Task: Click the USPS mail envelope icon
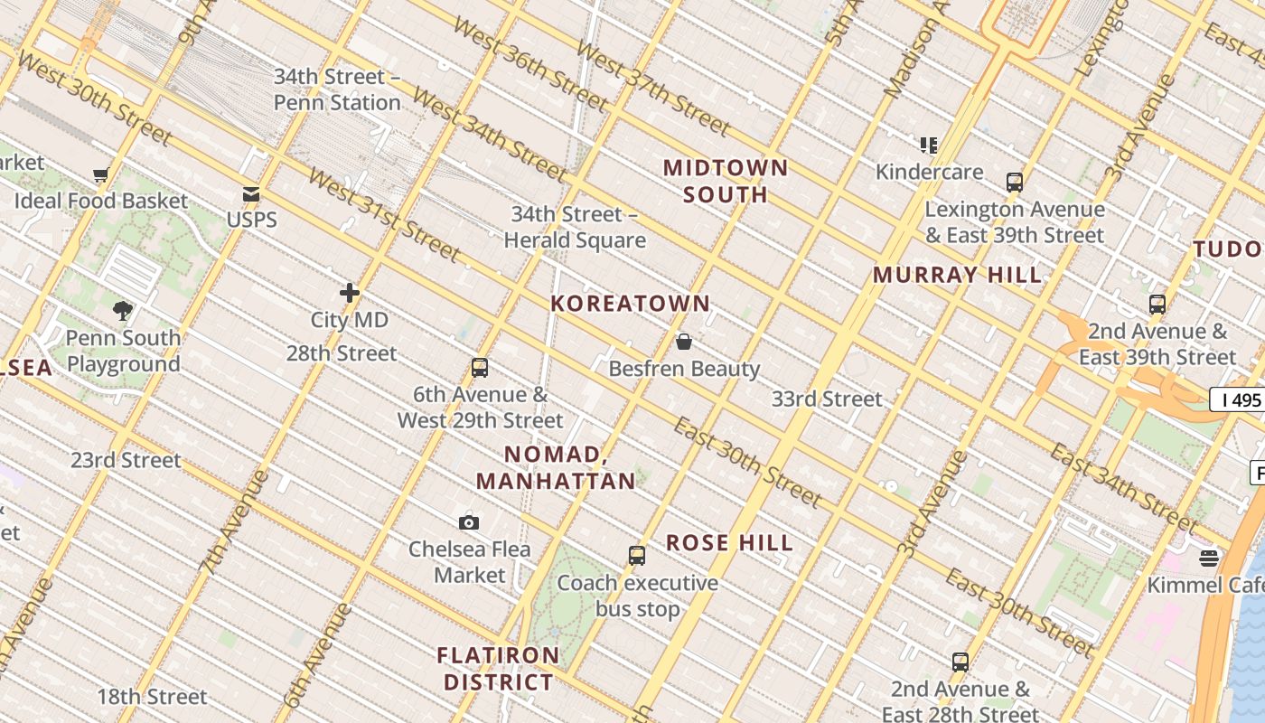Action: pos(251,194)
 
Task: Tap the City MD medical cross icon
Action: pos(350,293)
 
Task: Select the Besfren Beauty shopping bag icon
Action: pos(684,342)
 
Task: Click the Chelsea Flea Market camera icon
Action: pos(468,522)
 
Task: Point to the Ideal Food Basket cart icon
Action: pos(100,174)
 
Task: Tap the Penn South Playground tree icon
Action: pos(123,311)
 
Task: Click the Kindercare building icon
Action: pos(929,145)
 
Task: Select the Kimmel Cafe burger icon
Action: pos(1209,559)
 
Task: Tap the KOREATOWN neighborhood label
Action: pos(631,304)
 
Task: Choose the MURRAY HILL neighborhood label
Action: pos(957,276)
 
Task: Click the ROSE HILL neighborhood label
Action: pos(729,542)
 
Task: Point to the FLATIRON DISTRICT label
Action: pos(498,668)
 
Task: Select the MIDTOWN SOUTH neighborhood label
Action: pos(726,181)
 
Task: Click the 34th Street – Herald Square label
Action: pos(575,227)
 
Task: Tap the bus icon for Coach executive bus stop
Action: pos(637,556)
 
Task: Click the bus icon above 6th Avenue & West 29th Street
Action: pos(480,368)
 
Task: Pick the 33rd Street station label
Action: pos(827,399)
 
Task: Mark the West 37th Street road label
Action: pos(651,88)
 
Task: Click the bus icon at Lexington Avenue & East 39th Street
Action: pos(1015,183)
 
